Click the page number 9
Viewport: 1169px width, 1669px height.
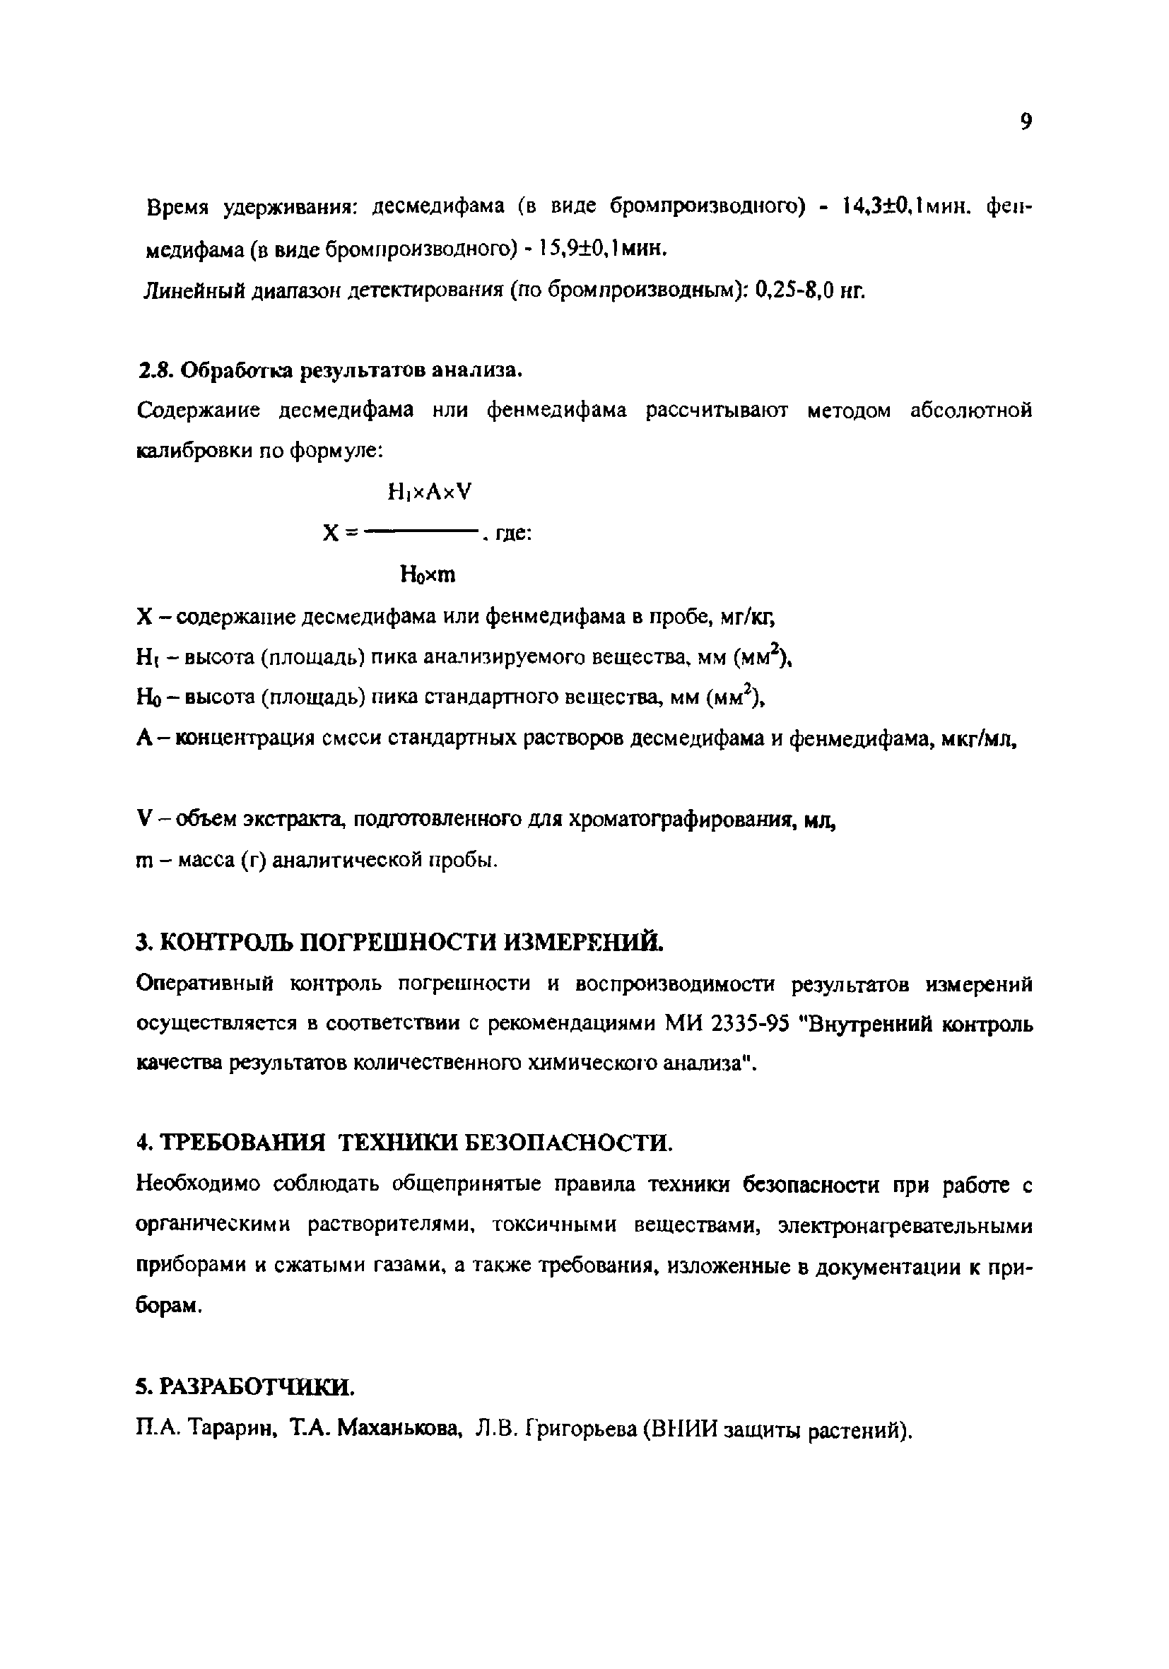1025,122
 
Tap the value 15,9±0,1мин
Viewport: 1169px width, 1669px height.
600,249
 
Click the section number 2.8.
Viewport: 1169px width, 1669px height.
153,371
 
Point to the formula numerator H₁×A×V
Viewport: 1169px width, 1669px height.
430,492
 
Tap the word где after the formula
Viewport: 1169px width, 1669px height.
513,534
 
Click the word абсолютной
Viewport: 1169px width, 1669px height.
970,411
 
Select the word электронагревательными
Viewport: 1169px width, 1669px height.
905,1225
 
